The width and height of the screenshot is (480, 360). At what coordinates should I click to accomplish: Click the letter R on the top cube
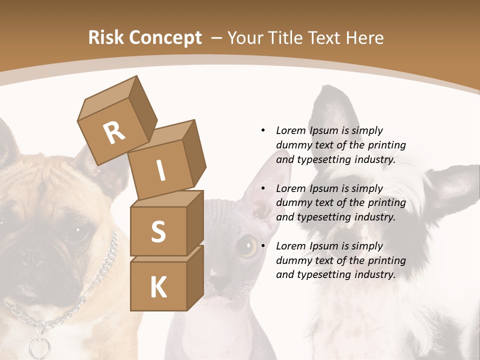[x=114, y=132]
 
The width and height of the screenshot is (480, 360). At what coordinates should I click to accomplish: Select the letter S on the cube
[x=158, y=231]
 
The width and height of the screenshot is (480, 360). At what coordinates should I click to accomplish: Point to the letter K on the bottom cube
[x=158, y=287]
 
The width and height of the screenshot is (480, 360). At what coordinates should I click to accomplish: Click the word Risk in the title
[x=105, y=38]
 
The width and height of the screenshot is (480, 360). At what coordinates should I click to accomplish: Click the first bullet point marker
[x=263, y=130]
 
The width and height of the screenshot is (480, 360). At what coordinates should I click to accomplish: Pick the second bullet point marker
[x=263, y=188]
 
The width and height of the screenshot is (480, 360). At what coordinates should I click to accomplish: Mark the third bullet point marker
[x=263, y=246]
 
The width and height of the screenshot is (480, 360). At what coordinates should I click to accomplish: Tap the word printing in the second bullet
[x=386, y=203]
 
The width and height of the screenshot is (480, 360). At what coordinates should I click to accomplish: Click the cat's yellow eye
[x=246, y=246]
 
